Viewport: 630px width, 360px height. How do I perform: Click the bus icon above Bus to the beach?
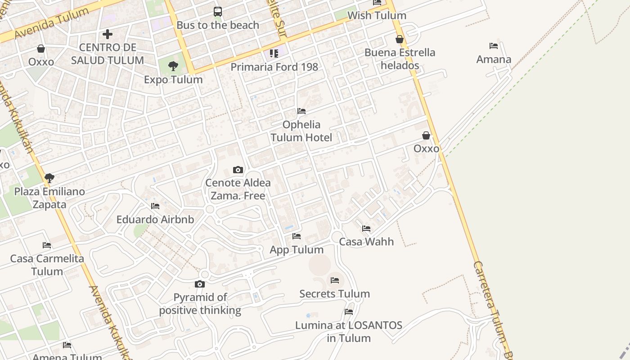click(218, 12)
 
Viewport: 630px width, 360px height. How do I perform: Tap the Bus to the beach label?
click(218, 25)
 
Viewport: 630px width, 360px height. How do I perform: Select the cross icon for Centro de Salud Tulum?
click(108, 34)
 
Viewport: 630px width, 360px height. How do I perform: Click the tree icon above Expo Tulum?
click(173, 67)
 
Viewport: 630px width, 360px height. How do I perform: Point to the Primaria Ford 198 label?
click(274, 67)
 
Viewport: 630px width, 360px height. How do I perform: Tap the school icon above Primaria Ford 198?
click(274, 54)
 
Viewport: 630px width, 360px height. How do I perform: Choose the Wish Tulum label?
click(377, 16)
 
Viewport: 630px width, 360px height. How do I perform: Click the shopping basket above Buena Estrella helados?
click(400, 39)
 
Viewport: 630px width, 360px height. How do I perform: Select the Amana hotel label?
click(494, 59)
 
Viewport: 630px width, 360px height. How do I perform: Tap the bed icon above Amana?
click(494, 46)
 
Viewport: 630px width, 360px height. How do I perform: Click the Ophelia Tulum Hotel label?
click(301, 131)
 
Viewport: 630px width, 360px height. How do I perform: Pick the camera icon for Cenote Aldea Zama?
click(238, 170)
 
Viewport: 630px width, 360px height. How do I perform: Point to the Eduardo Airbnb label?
click(155, 220)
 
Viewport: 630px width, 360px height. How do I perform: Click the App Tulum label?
click(297, 250)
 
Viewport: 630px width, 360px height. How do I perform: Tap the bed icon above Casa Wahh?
click(366, 229)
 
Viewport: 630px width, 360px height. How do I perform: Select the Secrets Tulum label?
click(335, 294)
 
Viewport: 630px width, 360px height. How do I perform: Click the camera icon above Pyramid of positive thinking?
click(200, 284)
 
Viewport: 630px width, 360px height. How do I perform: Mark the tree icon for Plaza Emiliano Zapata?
click(49, 178)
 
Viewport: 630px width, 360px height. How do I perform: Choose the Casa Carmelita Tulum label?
click(47, 265)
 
